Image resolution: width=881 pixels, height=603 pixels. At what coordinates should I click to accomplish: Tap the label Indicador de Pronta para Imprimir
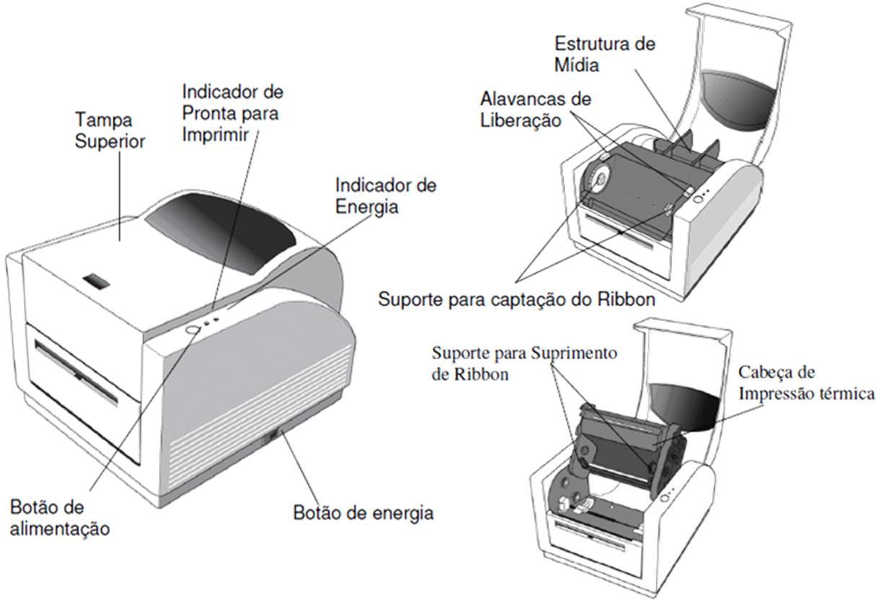click(x=231, y=113)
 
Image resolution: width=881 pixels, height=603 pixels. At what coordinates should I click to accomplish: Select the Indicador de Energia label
click(x=385, y=195)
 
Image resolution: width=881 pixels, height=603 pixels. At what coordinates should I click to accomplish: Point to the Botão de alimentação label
click(x=60, y=517)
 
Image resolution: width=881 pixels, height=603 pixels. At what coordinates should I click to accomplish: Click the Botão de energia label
click(x=363, y=514)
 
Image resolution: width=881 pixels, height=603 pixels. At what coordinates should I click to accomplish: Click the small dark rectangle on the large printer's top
click(x=94, y=279)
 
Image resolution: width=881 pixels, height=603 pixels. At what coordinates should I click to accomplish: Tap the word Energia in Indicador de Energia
click(x=368, y=206)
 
